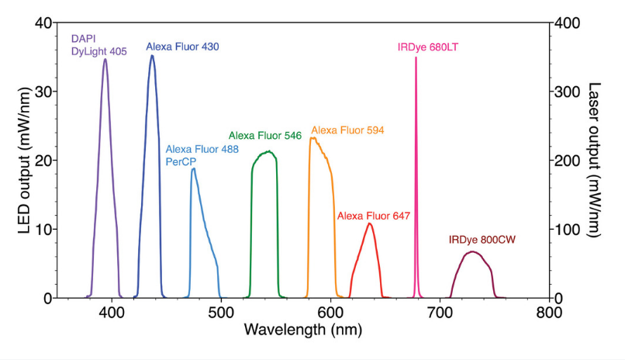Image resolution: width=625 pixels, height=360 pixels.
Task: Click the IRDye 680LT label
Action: [x=427, y=47]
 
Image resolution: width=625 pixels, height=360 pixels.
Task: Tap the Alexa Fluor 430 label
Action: [x=182, y=47]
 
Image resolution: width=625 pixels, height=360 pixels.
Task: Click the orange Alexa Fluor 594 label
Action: [x=347, y=130]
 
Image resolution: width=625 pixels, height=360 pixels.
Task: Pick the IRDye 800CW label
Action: [x=481, y=239]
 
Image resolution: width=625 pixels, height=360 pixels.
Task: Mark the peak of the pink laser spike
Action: [x=416, y=58]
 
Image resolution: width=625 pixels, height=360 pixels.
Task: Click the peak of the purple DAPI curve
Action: [x=105, y=59]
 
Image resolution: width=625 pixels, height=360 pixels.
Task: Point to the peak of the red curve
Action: [x=370, y=224]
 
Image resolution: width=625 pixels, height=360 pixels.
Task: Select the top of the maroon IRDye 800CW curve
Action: [x=472, y=251]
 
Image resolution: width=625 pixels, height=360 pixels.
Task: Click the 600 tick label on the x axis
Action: [x=330, y=313]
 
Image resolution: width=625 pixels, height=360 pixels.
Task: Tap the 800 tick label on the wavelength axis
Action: [x=549, y=313]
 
